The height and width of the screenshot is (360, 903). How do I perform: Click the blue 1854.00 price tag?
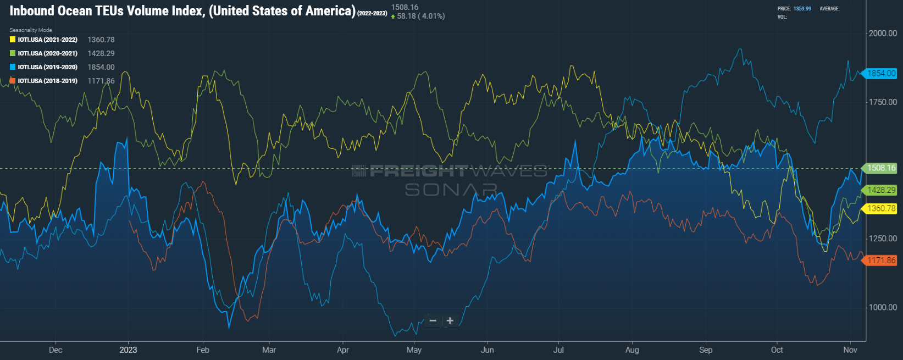[881, 73]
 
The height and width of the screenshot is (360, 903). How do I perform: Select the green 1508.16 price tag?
[881, 168]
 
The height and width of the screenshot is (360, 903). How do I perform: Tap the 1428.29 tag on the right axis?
[881, 190]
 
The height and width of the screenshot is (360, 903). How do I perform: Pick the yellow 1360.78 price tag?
[881, 209]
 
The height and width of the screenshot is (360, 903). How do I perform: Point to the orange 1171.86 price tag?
[881, 261]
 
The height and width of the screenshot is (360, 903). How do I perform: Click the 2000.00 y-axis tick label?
[883, 34]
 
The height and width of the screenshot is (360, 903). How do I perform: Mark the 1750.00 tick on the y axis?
[883, 102]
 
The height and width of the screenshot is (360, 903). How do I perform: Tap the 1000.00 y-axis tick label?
[883, 307]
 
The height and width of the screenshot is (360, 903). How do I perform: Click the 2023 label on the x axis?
[128, 350]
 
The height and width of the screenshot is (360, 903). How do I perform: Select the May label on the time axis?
[414, 350]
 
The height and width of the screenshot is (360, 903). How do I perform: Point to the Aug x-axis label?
[632, 350]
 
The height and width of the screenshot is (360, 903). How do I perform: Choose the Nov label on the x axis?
[850, 350]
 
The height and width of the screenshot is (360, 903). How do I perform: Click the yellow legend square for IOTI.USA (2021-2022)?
[13, 40]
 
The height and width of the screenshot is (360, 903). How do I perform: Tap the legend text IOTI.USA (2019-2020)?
[48, 67]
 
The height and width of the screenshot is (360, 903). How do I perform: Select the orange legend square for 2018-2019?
[13, 81]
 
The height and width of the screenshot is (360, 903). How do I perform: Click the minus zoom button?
[433, 320]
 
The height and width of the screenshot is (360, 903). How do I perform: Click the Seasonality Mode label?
[31, 30]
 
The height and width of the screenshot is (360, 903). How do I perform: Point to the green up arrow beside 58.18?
[393, 16]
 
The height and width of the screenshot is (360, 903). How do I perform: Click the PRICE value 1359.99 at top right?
[802, 9]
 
